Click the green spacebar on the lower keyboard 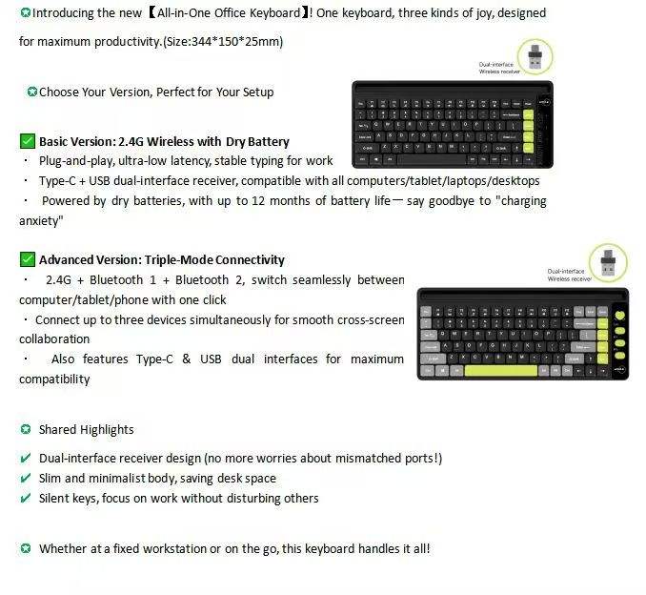pos(500,369)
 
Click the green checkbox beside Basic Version pos(28,141)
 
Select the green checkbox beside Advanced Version pos(28,259)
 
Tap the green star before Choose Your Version pos(32,92)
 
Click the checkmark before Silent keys pos(26,498)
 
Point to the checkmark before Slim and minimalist pos(26,478)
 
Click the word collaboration pos(54,339)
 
